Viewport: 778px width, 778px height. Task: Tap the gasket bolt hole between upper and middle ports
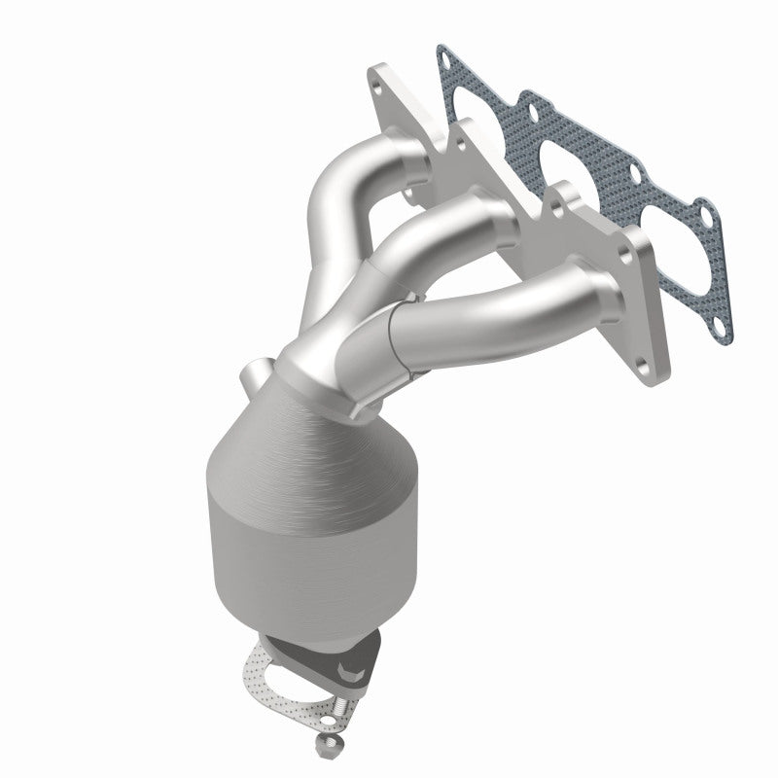(x=526, y=99)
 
